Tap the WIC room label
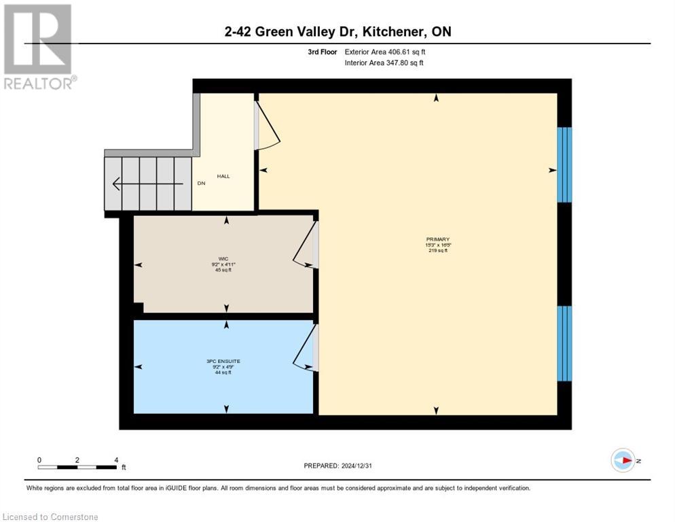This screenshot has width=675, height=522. [223, 258]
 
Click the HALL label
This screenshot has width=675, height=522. [223, 176]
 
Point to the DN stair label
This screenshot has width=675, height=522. [201, 184]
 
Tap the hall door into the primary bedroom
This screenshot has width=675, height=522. [266, 126]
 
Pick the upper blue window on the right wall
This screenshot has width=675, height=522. [564, 164]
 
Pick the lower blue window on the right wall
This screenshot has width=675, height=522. [564, 343]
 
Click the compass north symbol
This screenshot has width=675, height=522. [623, 460]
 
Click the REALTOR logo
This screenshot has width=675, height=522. [39, 47]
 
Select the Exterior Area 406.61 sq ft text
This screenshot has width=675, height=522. [385, 52]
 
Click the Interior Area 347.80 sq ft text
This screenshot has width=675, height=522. [384, 63]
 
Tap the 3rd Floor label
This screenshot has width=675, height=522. [323, 52]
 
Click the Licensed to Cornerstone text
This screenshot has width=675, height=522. [51, 517]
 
